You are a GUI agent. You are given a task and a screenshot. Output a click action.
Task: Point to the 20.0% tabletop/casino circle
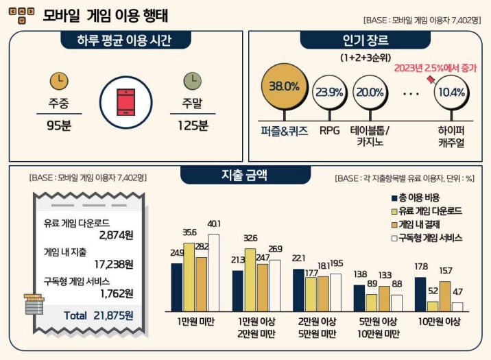(x=370, y=92)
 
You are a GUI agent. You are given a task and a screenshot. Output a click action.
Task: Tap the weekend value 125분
(x=192, y=126)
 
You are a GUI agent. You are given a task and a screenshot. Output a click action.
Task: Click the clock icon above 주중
(x=59, y=81)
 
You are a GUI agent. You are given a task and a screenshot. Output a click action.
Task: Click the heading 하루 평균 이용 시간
(x=125, y=40)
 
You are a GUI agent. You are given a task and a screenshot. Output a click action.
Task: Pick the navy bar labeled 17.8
(x=420, y=294)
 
